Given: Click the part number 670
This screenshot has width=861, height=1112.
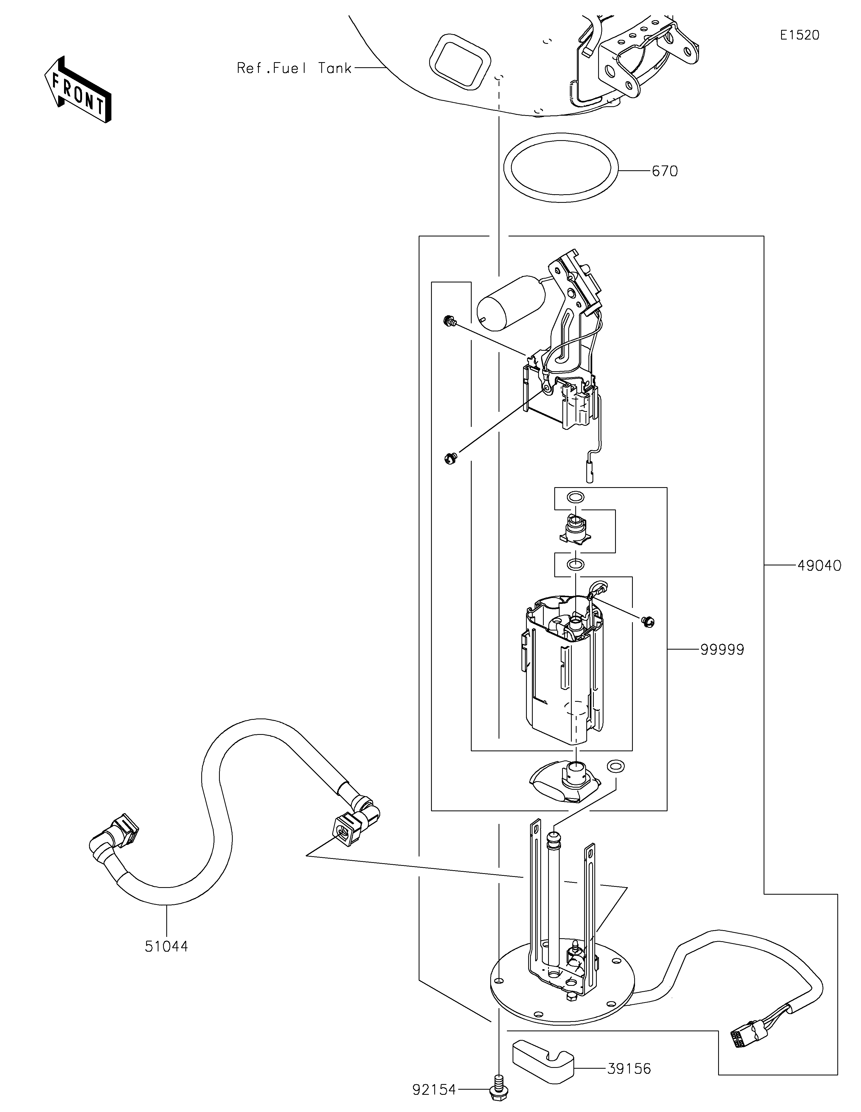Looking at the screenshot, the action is pyautogui.click(x=665, y=172).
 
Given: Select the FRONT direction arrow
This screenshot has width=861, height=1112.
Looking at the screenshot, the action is pyautogui.click(x=77, y=89).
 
